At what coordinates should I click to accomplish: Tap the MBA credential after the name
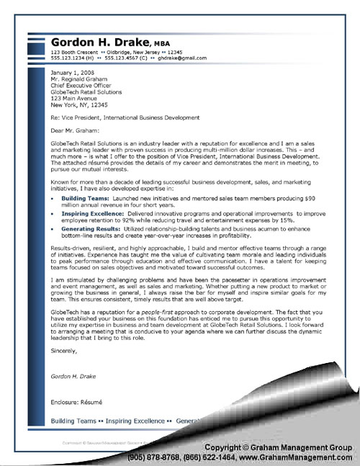point(159,45)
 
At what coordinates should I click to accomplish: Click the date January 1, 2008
point(71,73)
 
